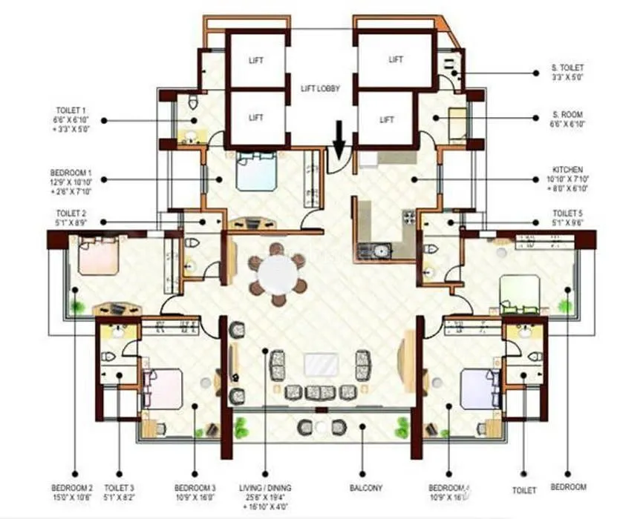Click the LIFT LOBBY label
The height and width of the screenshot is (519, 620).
point(320,88)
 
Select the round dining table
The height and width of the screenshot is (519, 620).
point(278,274)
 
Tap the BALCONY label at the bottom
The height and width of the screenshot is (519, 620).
point(365,488)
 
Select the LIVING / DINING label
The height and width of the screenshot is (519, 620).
point(265,492)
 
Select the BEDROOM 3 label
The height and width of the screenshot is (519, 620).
point(195,492)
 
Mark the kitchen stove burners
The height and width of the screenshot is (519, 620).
point(408,217)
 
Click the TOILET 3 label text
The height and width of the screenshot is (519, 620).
point(120,492)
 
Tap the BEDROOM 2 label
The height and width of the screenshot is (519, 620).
point(72,492)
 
